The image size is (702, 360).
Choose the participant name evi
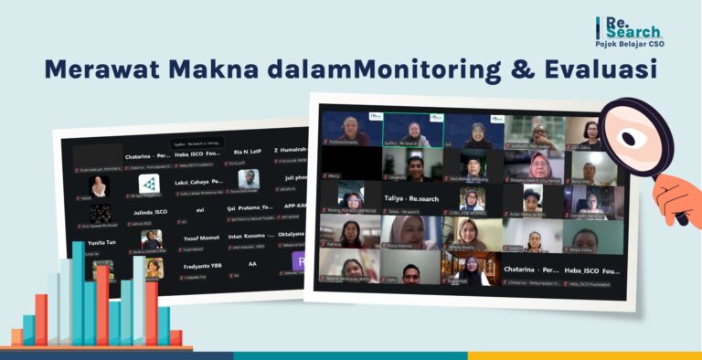click(x=199, y=209)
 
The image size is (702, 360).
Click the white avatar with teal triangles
click(x=149, y=184)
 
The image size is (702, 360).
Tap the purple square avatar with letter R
click(x=300, y=261)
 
